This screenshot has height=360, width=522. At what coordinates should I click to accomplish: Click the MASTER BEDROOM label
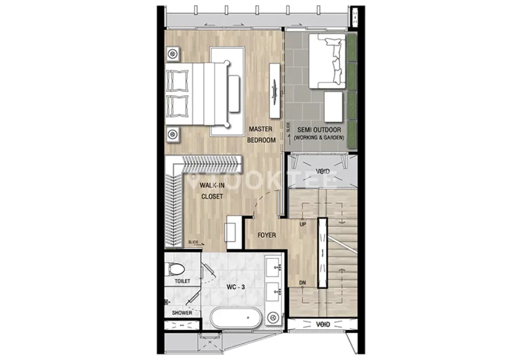262,134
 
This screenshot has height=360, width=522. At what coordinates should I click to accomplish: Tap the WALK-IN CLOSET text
212,191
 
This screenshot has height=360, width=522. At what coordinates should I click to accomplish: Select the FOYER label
267,235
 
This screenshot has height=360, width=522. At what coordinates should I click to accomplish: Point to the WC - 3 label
236,287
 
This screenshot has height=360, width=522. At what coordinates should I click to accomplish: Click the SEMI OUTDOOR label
319,130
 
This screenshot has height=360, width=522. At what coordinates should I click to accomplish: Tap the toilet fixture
175,269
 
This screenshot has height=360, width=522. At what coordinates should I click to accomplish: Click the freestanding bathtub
236,318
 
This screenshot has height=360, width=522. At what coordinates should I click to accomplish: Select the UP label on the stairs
303,224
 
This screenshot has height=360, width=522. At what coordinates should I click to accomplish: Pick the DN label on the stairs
302,283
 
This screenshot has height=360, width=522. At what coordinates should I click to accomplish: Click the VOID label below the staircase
323,324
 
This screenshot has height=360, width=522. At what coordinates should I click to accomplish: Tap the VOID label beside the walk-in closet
323,172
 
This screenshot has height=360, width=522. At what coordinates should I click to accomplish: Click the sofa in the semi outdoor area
327,61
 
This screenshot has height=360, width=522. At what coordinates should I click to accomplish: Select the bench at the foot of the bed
234,94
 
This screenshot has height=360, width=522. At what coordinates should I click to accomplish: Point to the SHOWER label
182,313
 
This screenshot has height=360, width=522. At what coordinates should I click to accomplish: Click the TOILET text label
182,281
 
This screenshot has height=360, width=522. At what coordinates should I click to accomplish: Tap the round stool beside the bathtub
274,318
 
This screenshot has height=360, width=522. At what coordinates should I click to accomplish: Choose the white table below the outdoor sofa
333,107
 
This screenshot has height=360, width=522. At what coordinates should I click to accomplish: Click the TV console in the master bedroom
275,90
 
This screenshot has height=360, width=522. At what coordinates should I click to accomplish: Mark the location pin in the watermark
192,180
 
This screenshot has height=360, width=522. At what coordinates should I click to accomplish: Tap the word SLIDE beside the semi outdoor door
288,127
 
